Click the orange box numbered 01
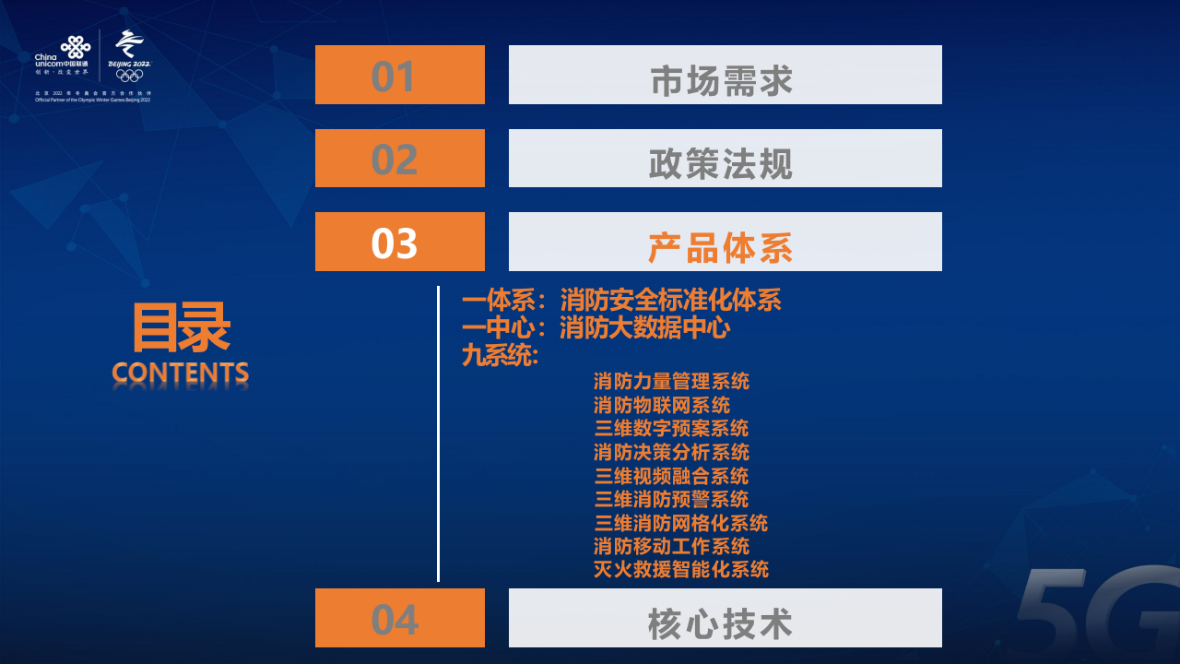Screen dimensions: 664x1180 click(399, 75)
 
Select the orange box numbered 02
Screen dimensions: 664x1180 click(399, 159)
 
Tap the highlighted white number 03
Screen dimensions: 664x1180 click(395, 243)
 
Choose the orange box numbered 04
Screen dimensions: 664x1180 click(399, 618)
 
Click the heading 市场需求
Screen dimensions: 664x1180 click(722, 80)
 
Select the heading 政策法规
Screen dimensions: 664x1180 click(722, 164)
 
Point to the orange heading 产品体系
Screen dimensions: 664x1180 click(722, 247)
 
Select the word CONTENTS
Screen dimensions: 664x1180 click(181, 373)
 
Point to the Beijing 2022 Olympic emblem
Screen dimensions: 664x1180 click(129, 55)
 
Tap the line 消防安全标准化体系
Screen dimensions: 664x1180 click(670, 300)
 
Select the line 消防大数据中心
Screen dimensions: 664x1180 click(644, 327)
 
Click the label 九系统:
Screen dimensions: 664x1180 click(500, 355)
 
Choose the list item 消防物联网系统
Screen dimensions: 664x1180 click(662, 405)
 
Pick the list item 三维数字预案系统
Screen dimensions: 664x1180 click(671, 428)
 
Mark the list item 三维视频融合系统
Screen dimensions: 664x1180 click(671, 476)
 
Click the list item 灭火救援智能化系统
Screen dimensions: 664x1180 click(680, 569)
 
